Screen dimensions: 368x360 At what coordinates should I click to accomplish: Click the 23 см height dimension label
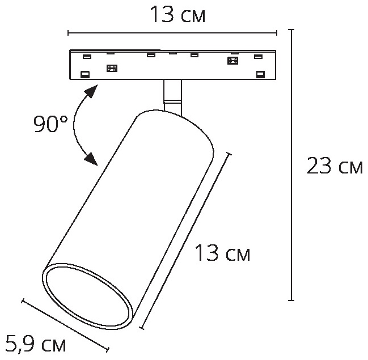[335, 166]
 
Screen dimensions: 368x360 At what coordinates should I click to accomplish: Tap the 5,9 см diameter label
[35, 344]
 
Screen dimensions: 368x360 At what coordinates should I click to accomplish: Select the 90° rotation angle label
[50, 124]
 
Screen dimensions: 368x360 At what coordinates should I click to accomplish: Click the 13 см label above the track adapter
[177, 14]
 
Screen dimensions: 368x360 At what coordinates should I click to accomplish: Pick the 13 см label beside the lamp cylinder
[222, 253]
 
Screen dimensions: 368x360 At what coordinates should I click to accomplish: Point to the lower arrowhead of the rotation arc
[91, 159]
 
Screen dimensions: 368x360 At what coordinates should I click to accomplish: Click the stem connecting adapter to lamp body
[172, 96]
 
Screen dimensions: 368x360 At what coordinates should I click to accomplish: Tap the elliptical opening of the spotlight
[88, 295]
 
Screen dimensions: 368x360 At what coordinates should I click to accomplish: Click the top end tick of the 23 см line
[291, 29]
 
